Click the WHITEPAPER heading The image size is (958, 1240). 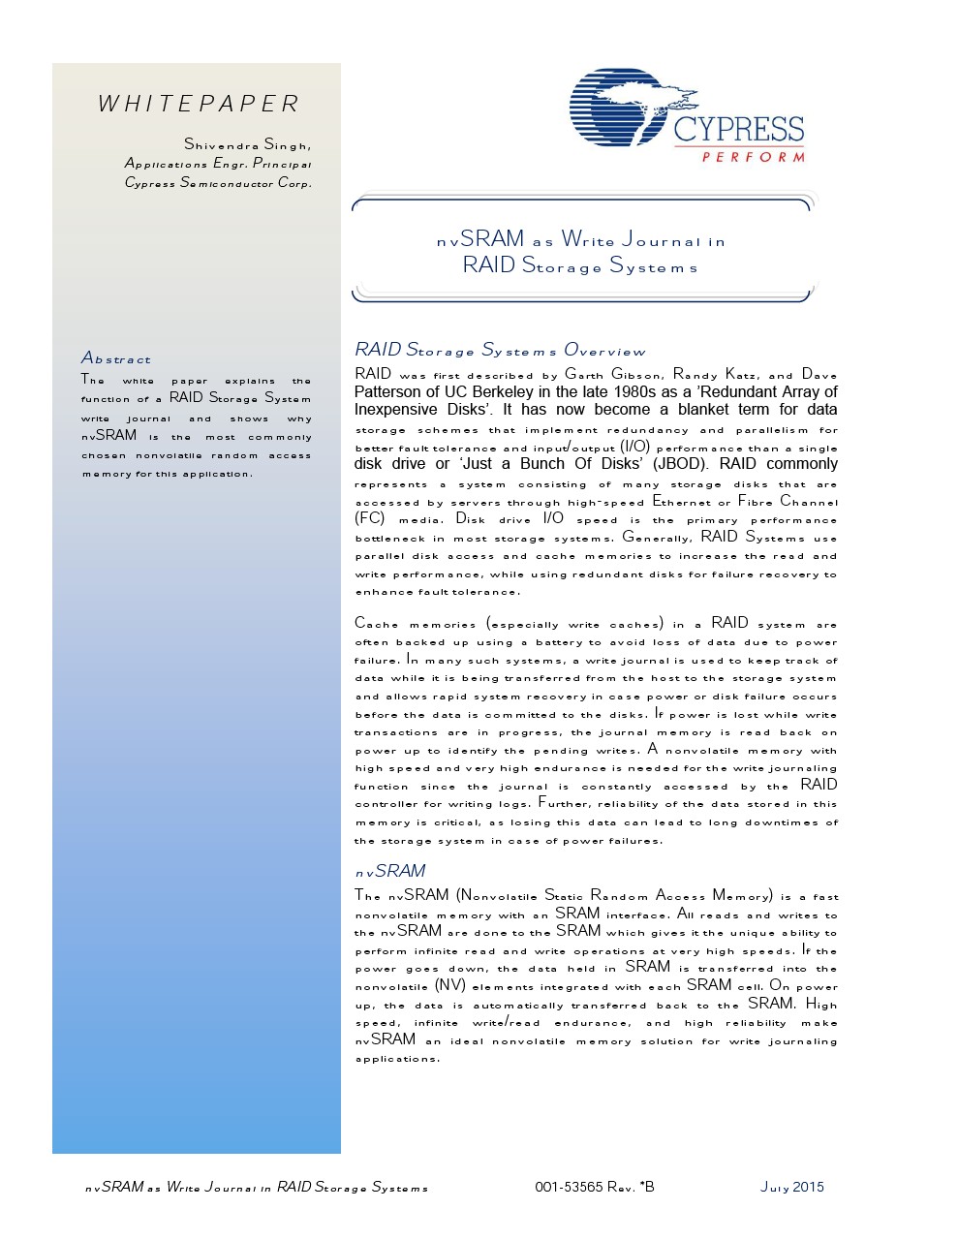[199, 104]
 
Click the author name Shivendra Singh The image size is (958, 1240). [247, 144]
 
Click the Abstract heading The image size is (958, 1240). [116, 358]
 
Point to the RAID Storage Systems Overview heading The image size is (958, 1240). [500, 350]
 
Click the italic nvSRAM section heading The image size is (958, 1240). [390, 871]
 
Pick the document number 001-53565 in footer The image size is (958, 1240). [569, 1187]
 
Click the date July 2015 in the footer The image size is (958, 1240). [791, 1187]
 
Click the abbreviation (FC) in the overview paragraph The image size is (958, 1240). [370, 518]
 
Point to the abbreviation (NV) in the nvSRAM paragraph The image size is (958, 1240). [449, 985]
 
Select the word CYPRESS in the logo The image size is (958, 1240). [738, 130]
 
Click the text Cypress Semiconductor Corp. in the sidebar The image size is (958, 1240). [218, 182]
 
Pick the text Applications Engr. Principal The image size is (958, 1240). [218, 164]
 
